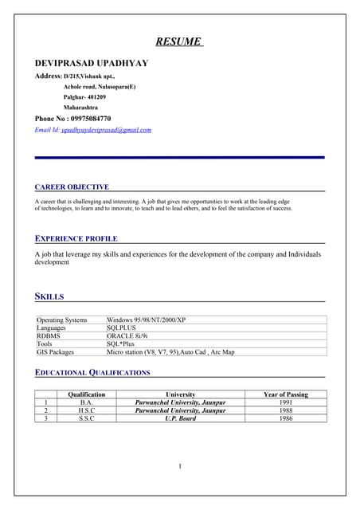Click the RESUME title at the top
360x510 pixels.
point(178,41)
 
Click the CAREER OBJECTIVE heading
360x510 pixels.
point(72,186)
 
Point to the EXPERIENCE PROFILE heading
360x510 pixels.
point(76,238)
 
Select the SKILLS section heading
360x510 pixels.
point(49,296)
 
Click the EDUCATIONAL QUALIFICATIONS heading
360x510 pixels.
point(92,372)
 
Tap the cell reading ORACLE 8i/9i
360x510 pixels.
point(131,335)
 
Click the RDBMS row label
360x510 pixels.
point(49,335)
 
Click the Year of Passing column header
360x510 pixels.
point(285,394)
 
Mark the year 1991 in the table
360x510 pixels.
point(285,402)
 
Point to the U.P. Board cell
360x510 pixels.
point(180,418)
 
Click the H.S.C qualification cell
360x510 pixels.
point(87,410)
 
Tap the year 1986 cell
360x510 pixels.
point(285,418)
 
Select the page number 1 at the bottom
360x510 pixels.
point(181,466)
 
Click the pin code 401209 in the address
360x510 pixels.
point(96,96)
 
